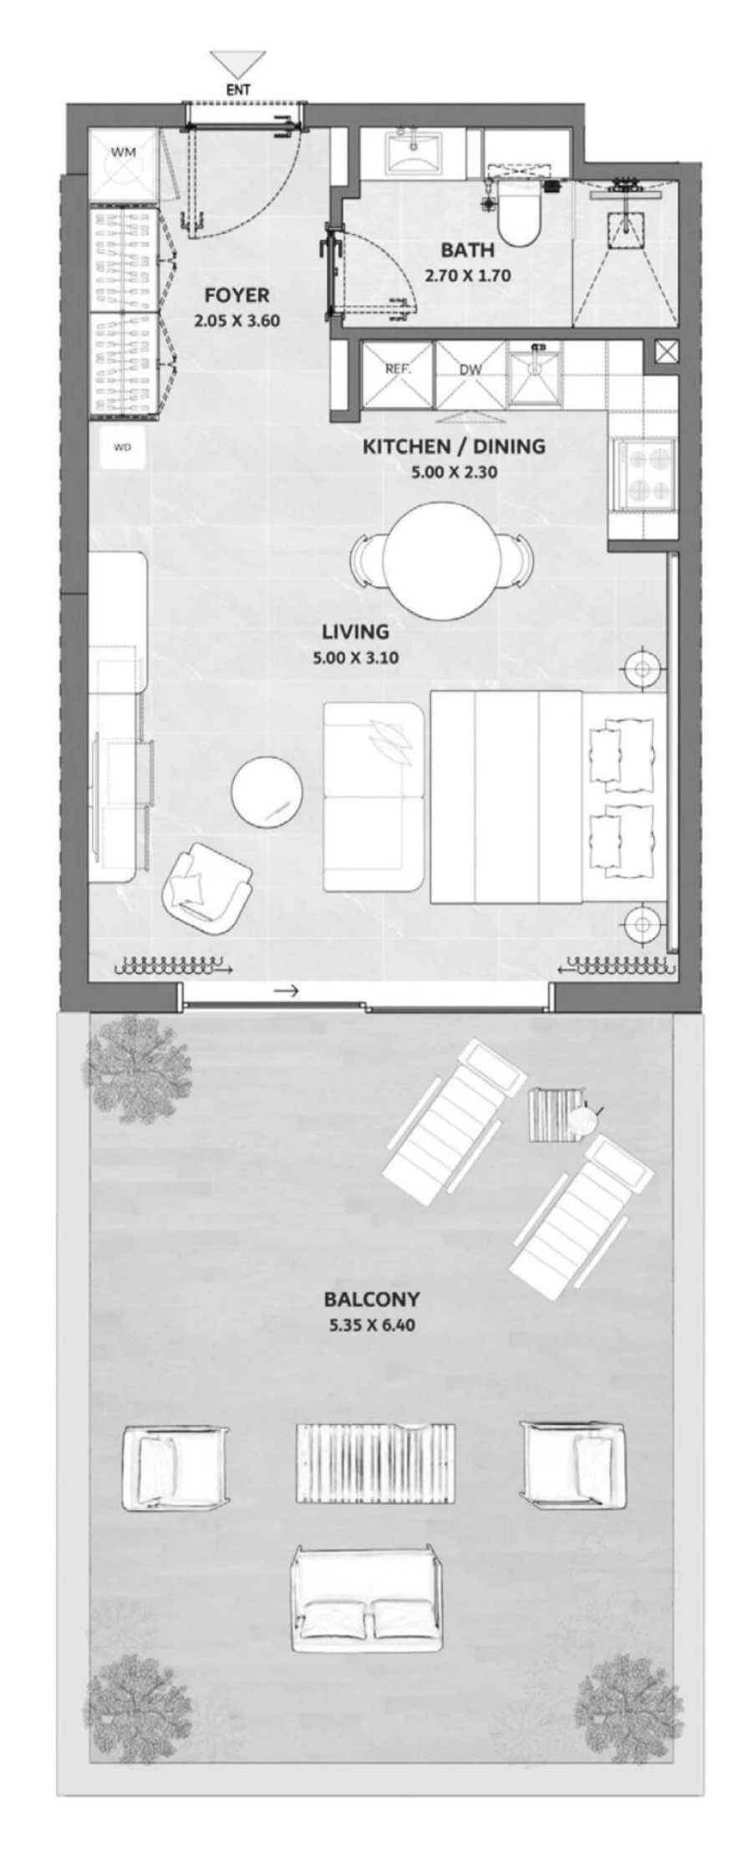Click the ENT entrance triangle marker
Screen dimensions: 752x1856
(x=238, y=65)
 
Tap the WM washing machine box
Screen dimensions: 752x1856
(x=123, y=165)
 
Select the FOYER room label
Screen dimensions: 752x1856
(x=237, y=294)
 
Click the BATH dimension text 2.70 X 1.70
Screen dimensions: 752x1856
(x=467, y=275)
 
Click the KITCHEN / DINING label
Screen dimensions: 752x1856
(x=454, y=445)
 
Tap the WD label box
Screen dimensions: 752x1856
(x=123, y=447)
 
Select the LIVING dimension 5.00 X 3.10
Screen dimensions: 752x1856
(x=355, y=658)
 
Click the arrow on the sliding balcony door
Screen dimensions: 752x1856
(x=287, y=992)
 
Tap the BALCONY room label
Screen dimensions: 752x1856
(x=372, y=1299)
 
